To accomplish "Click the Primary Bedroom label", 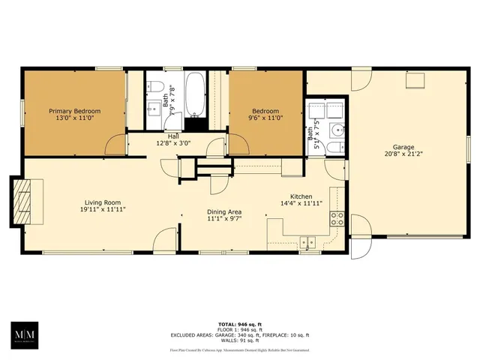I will click(x=74, y=111).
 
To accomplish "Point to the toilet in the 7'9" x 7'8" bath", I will click(x=154, y=85).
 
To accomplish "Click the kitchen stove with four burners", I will click(x=337, y=219).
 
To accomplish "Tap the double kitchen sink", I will click(x=307, y=241).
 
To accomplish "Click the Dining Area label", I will click(x=225, y=211).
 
